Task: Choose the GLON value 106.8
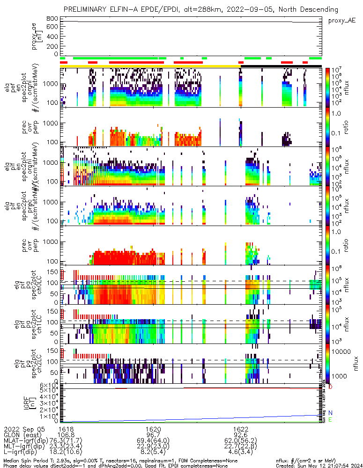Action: tap(67, 435)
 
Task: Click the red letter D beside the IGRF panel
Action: tap(331, 387)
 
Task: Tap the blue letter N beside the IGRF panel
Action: tap(331, 412)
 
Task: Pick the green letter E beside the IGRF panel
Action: tap(331, 420)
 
